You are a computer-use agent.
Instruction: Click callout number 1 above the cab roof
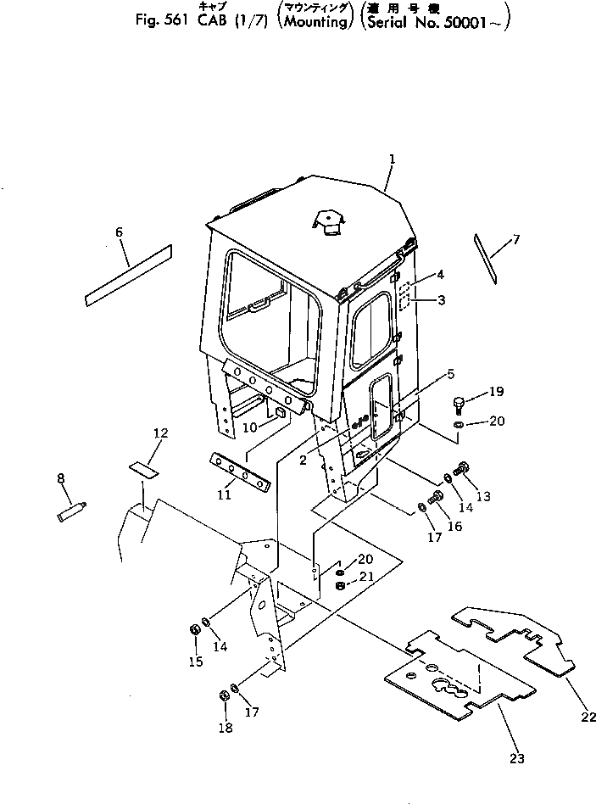(x=393, y=159)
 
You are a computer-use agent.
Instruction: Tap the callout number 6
(x=119, y=232)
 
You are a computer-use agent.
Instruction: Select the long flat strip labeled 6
(x=128, y=274)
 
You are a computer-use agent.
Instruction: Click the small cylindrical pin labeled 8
(x=72, y=513)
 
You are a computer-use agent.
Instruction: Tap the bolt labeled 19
(x=460, y=403)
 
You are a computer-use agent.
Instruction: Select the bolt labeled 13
(x=463, y=466)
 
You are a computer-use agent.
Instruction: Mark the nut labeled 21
(x=340, y=586)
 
